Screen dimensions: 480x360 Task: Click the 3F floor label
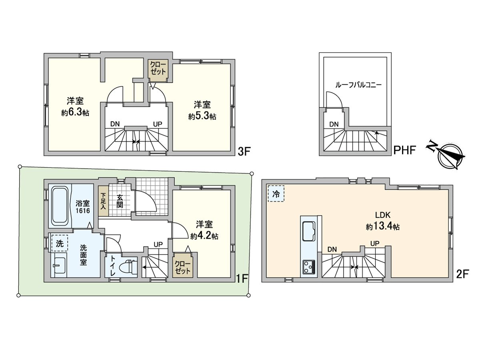point(244,152)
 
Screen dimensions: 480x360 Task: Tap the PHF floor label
point(404,150)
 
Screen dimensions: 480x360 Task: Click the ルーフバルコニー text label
point(358,85)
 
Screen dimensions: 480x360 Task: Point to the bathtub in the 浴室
point(60,206)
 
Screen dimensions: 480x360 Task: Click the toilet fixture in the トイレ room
point(128,267)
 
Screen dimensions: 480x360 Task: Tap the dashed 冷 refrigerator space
point(276,194)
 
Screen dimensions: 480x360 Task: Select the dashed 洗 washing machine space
point(60,243)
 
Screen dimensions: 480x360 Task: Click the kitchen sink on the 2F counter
point(309,231)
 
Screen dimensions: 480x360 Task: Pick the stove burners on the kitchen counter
point(309,267)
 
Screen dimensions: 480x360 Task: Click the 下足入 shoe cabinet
point(103,201)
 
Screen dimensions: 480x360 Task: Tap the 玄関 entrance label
point(120,201)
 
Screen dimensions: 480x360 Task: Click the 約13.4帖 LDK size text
point(383,227)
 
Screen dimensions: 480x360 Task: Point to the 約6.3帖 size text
point(75,112)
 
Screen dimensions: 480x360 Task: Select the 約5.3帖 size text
point(202,116)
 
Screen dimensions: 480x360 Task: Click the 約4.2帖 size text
point(204,236)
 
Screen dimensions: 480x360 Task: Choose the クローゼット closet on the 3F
point(158,70)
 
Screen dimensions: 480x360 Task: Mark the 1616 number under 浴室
point(83,210)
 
